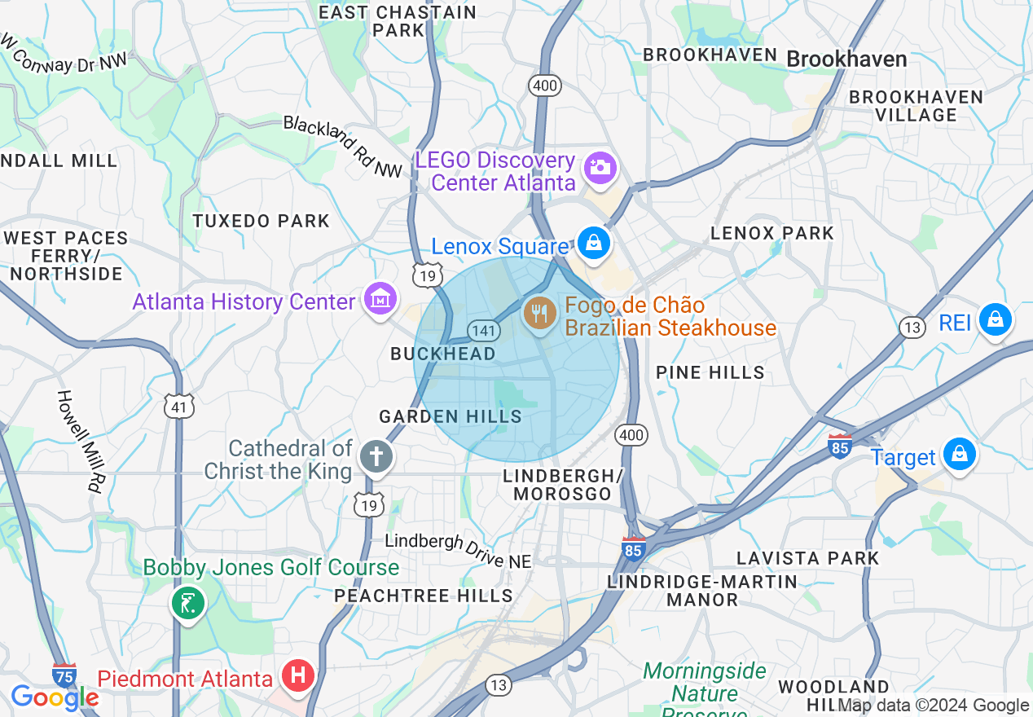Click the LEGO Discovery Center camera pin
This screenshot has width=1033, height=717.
coord(600,168)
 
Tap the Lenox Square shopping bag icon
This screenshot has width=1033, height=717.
coord(594,243)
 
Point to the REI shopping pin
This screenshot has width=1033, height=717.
coord(995,319)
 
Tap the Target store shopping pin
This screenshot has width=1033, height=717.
coord(959,454)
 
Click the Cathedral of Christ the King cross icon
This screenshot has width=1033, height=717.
coord(376,455)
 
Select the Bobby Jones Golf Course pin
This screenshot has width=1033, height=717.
coord(188,604)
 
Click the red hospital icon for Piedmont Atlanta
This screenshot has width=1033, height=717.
coord(298,675)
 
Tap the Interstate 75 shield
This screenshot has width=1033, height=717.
coord(64,675)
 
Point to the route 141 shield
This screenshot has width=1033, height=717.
coord(484,330)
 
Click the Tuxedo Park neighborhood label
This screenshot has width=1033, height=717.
coord(261,221)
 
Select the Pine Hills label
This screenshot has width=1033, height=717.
coord(710,372)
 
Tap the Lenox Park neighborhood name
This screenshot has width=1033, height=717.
coord(771,233)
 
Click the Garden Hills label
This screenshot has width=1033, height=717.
coord(450,416)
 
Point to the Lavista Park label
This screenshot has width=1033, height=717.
coord(807,558)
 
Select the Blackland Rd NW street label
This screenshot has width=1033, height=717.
coord(343,147)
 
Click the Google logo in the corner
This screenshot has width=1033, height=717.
coord(55,697)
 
